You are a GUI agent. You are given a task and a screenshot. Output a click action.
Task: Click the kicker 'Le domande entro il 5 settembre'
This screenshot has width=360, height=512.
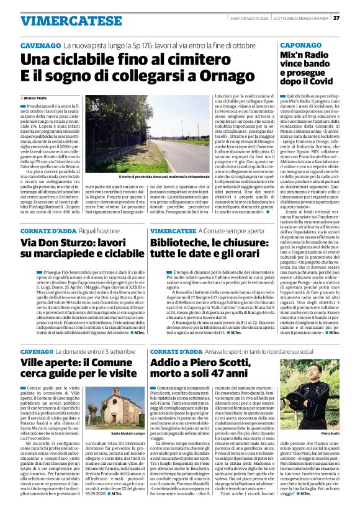pyautogui.click(x=93, y=351)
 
